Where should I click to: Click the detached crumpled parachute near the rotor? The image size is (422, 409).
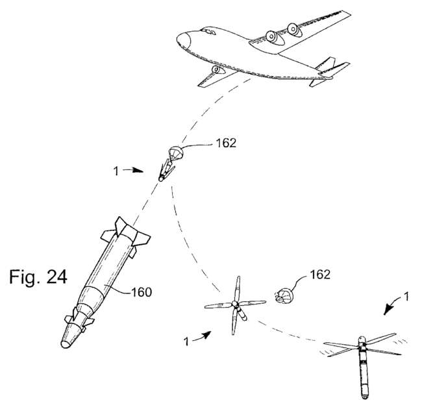click(x=285, y=298)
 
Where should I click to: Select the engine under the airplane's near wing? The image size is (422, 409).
click(x=215, y=70)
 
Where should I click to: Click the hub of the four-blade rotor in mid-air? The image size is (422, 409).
click(x=235, y=305)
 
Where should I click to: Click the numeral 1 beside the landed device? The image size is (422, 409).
click(x=406, y=296)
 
